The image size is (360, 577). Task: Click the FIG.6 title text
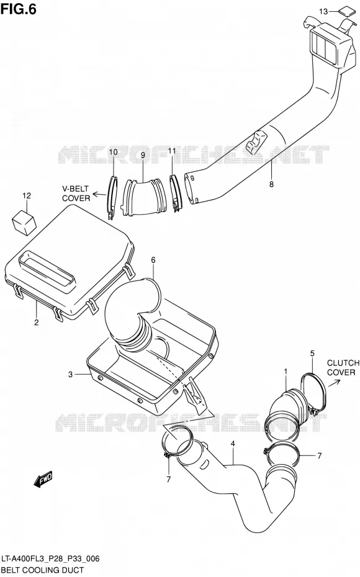point(19,9)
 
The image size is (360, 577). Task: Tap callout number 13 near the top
point(323,12)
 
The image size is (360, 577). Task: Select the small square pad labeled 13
point(345,11)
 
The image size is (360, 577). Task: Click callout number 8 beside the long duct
point(271,184)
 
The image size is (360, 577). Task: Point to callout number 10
point(113,153)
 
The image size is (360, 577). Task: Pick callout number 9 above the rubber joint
point(143,155)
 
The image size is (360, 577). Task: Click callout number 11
point(172,151)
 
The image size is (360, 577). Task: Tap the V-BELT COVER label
point(76,194)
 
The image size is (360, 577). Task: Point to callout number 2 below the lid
point(37,323)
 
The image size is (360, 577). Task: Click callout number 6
point(153,260)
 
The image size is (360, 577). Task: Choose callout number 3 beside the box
point(70,375)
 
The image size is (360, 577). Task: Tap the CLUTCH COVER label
point(343,368)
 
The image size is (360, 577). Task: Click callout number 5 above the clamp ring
point(312,354)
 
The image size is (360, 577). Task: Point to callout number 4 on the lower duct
point(233,444)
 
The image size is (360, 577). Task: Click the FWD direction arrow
point(43,479)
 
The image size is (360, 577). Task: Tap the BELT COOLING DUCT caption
point(43,570)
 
